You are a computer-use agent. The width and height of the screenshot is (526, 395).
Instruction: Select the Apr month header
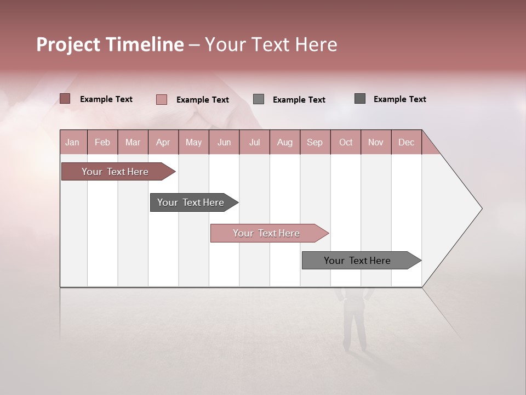[x=163, y=143]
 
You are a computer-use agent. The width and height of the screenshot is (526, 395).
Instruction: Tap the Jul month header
[x=254, y=143]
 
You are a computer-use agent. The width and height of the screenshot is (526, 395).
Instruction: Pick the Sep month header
[x=315, y=143]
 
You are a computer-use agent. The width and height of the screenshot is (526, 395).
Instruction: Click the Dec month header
[x=406, y=143]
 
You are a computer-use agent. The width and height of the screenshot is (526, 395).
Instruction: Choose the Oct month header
[x=346, y=143]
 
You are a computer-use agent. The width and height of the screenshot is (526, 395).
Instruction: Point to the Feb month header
[x=102, y=143]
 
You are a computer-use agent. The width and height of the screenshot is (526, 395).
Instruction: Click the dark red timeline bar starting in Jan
[x=115, y=172]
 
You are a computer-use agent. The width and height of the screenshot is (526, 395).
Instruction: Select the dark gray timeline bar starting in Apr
[x=191, y=202]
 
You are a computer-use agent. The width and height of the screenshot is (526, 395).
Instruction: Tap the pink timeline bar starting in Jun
[x=266, y=233]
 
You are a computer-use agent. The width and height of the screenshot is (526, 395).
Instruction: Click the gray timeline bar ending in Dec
[x=357, y=261]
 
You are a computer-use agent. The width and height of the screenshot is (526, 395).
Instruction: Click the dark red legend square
[x=65, y=99]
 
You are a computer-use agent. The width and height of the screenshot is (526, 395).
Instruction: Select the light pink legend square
[x=162, y=99]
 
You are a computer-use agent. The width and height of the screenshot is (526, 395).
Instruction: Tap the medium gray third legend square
[x=259, y=99]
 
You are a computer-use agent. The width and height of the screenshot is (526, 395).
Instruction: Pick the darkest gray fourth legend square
[x=360, y=99]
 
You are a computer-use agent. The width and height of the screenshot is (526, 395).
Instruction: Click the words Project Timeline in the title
[x=110, y=44]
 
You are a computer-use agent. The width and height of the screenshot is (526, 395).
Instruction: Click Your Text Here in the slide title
[x=271, y=44]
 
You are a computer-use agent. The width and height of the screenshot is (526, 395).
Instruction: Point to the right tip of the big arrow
[x=481, y=208]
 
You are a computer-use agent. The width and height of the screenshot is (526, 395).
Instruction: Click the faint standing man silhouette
[x=355, y=321]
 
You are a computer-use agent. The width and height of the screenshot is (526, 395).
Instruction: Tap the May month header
[x=193, y=143]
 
